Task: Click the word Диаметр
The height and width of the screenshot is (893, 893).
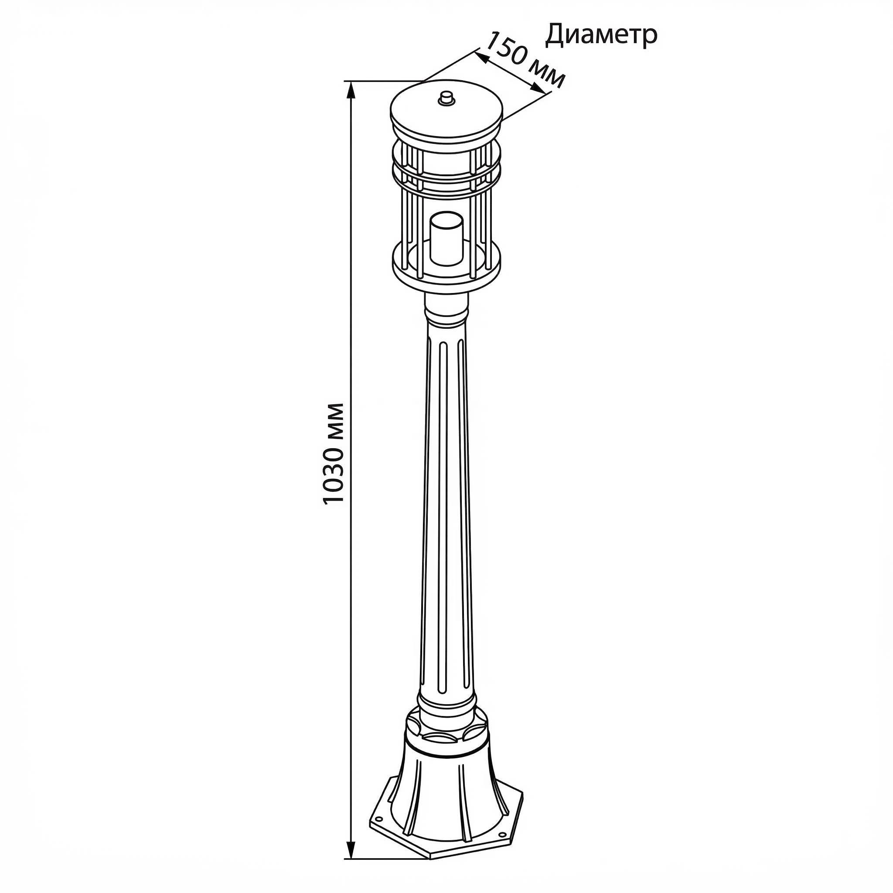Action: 601,35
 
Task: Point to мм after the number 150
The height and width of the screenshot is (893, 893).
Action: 547,74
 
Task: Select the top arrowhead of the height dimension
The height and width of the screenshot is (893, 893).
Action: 351,91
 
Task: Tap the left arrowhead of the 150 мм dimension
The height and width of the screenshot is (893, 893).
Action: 482,57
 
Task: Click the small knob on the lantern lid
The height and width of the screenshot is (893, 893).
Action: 446,98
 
